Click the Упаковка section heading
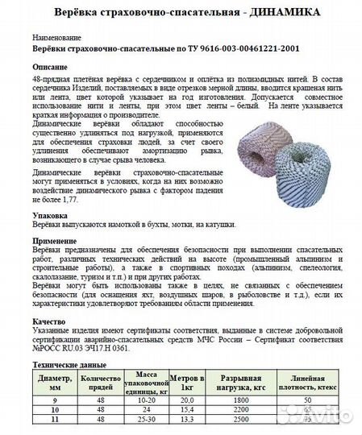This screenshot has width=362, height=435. pos(50,217)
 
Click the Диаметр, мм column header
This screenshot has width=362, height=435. pos(53,383)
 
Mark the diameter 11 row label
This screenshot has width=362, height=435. pos(53,418)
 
